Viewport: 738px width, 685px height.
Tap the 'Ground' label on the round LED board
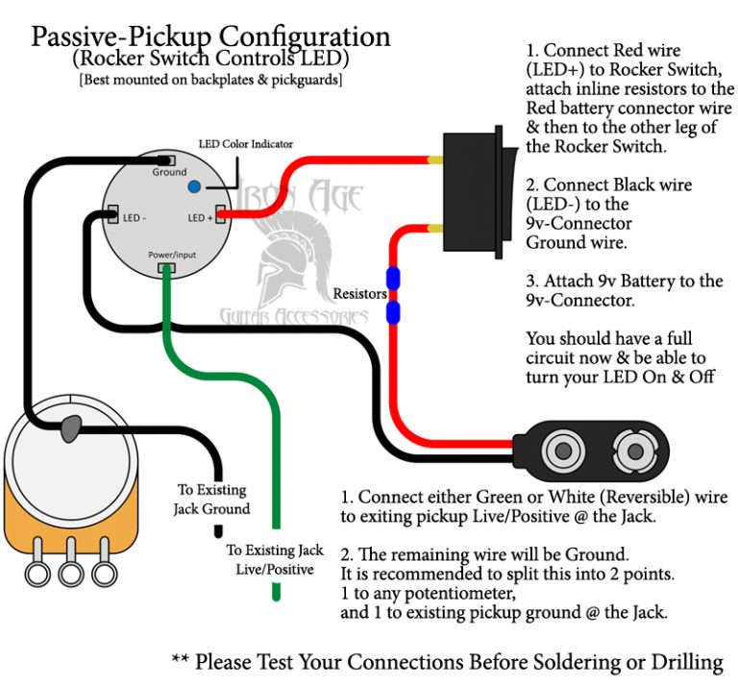click(x=169, y=173)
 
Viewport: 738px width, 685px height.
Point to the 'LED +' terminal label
click(x=200, y=217)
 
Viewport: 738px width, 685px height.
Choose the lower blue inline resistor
click(x=392, y=312)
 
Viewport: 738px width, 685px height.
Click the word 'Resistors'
click(x=359, y=293)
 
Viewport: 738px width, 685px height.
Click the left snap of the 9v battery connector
click(x=558, y=449)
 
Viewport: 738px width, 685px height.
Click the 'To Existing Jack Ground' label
click(x=211, y=500)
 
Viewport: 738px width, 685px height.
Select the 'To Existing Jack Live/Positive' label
click(x=275, y=560)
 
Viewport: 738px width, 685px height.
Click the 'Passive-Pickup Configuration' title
click(x=210, y=37)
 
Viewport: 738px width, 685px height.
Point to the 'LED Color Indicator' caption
click(x=245, y=144)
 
